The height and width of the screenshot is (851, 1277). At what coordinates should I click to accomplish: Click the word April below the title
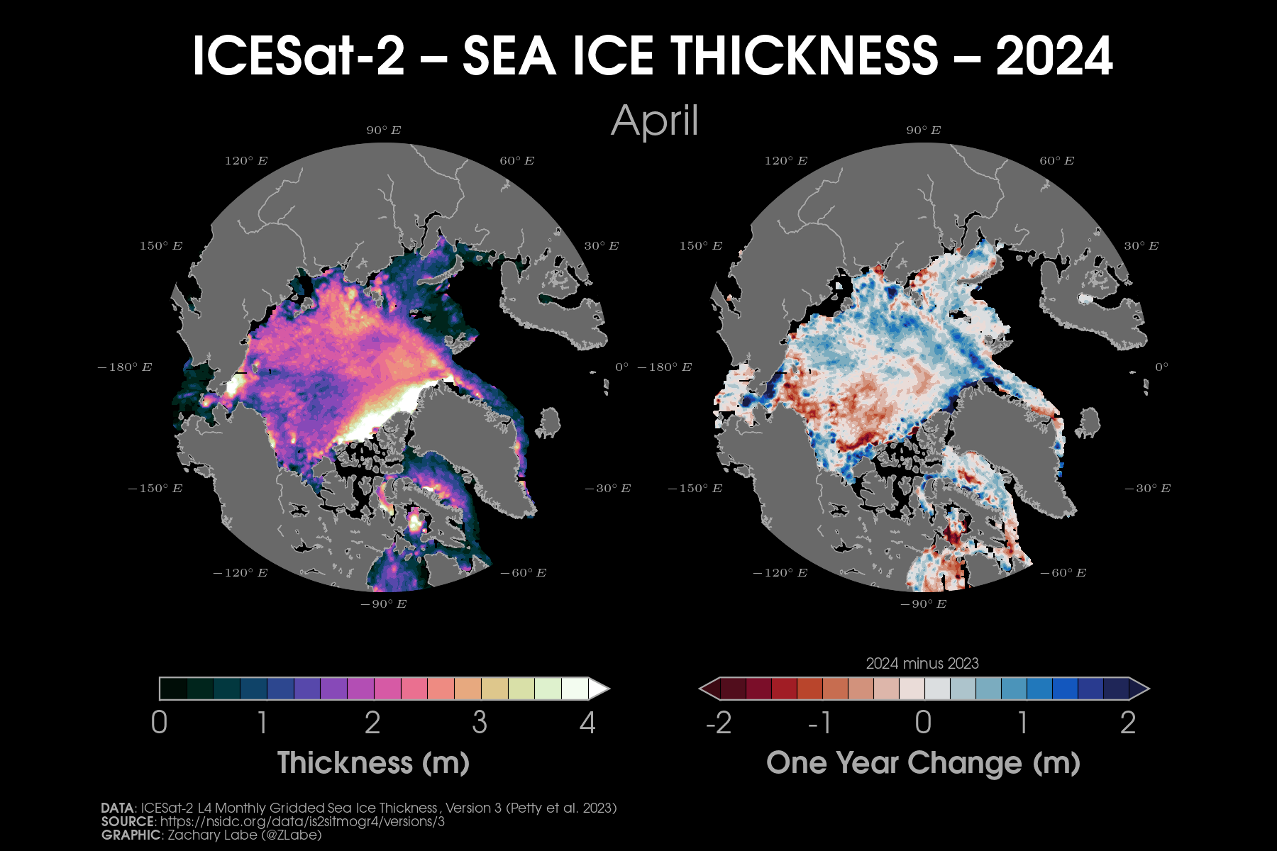654,121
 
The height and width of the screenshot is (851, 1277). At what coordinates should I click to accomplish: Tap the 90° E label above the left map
384,130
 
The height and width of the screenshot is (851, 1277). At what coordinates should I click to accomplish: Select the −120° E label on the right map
780,573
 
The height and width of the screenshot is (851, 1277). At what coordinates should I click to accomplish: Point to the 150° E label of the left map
161,246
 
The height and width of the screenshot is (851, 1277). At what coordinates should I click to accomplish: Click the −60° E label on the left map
523,573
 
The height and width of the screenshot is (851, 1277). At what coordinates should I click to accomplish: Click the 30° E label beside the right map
1141,246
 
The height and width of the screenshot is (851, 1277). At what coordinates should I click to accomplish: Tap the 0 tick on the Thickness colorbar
160,723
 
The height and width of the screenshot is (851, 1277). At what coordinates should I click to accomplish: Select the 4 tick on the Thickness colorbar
587,723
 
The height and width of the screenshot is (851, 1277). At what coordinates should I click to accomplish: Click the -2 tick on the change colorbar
718,723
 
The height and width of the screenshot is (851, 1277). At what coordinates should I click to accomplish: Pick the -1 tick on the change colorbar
819,723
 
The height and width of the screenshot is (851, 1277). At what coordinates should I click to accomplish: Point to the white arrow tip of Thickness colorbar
600,689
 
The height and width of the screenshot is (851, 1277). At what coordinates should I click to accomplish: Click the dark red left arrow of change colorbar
709,689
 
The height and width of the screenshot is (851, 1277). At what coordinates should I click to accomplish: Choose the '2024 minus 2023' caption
922,664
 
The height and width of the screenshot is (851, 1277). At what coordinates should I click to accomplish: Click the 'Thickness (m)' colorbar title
373,763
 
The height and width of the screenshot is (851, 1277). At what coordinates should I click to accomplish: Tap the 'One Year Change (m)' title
923,763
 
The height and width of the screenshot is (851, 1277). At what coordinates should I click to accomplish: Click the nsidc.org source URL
302,822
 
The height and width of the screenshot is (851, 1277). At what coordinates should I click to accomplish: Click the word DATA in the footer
117,808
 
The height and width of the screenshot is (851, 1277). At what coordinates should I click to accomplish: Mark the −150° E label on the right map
695,489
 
